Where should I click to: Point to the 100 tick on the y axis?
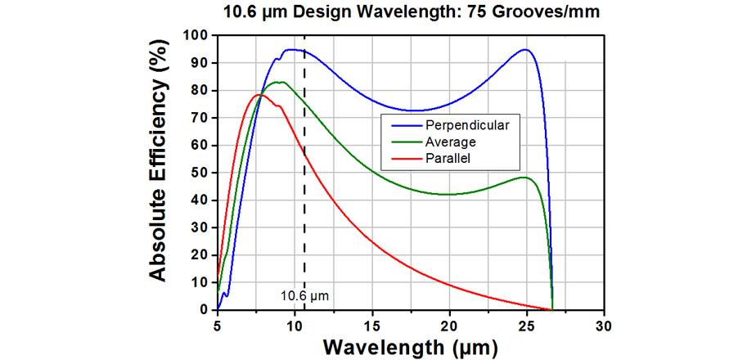tap(197, 35)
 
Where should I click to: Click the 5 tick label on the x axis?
tap(218, 325)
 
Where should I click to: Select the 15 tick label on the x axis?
tap(372, 325)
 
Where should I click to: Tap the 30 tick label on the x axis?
tap(604, 325)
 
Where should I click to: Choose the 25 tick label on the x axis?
tap(527, 325)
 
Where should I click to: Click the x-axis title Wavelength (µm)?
tap(410, 346)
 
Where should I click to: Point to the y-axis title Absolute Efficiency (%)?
tap(160, 173)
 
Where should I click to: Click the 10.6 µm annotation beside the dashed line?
tap(304, 295)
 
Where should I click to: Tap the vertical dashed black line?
tap(304, 205)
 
